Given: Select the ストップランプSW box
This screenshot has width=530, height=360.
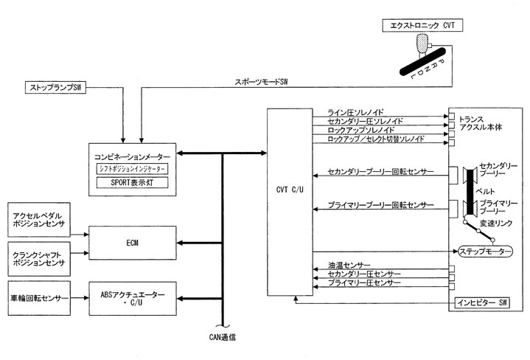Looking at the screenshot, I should tap(55, 89).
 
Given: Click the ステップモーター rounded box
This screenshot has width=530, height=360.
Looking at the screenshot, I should tap(485, 251).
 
